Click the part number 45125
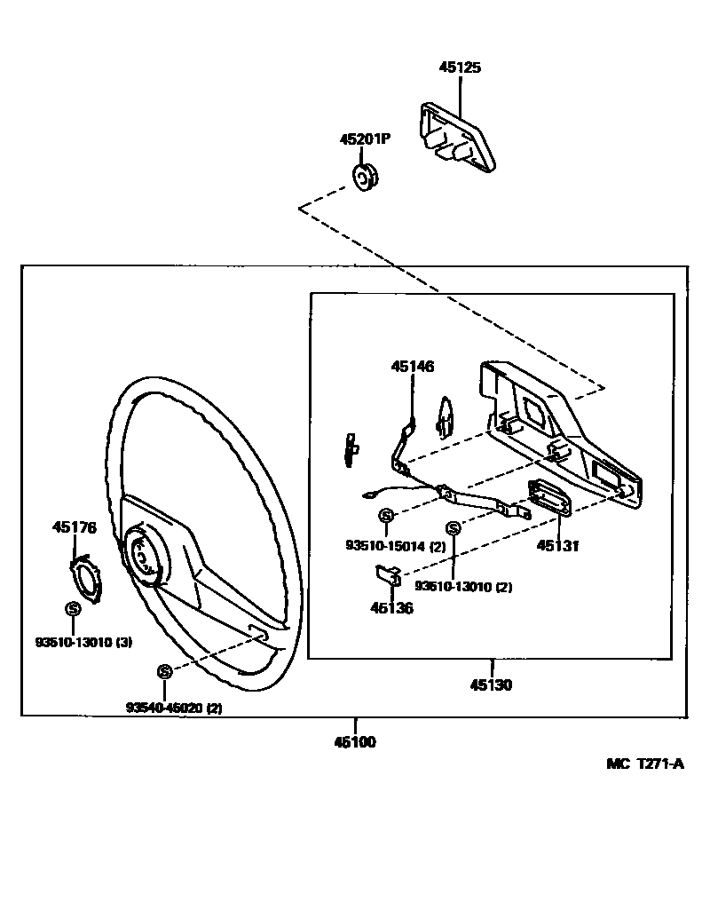tap(461, 67)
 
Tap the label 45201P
tap(366, 139)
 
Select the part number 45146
tap(414, 366)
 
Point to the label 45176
tap(75, 527)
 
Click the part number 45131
tap(556, 547)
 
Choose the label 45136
tap(391, 608)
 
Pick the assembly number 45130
tap(492, 685)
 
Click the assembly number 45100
tap(355, 742)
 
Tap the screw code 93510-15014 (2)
tap(396, 547)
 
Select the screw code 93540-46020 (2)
tap(174, 708)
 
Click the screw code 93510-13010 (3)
tap(83, 642)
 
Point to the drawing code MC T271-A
tap(645, 764)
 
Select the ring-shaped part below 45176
tap(90, 578)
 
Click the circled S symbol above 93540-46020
tap(164, 672)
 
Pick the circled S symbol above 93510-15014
tap(386, 515)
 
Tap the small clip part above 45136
tap(384, 575)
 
